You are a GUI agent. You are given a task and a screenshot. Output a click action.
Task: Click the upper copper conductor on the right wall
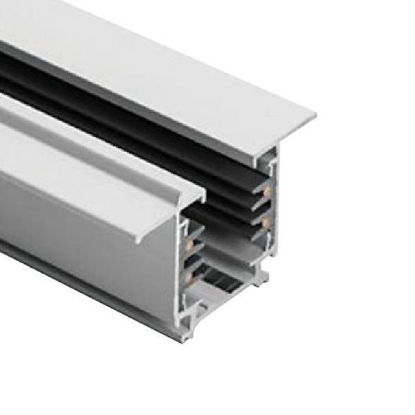coord(267,189)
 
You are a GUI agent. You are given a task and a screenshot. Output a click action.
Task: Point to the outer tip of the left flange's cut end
coord(208,191)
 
